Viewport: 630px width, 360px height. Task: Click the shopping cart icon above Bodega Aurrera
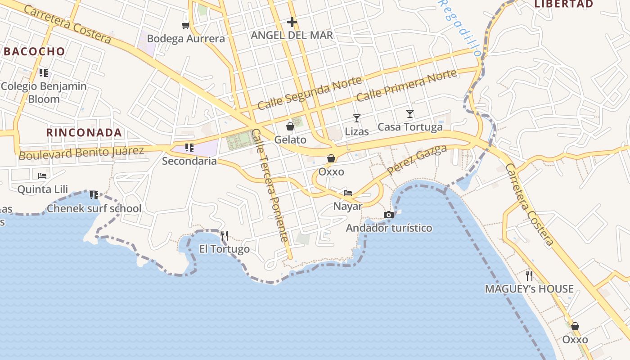185,25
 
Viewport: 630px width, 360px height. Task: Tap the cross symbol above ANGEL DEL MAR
292,22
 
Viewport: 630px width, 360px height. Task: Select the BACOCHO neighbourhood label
35,51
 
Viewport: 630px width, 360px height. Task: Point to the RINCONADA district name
84,132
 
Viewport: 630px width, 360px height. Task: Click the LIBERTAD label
563,4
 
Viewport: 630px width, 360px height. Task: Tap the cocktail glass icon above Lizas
357,118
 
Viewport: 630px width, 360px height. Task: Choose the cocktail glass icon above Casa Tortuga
410,114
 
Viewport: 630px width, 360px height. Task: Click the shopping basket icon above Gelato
290,126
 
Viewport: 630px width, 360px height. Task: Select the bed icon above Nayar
348,193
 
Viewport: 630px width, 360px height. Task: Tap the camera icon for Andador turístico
389,215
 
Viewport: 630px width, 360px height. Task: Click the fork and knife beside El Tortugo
225,235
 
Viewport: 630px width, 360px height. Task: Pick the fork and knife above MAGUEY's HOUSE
529,275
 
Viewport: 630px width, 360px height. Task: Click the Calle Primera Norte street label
407,85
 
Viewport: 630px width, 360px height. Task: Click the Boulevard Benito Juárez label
81,153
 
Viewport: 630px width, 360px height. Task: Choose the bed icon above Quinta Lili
42,175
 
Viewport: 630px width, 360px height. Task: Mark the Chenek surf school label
94,209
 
